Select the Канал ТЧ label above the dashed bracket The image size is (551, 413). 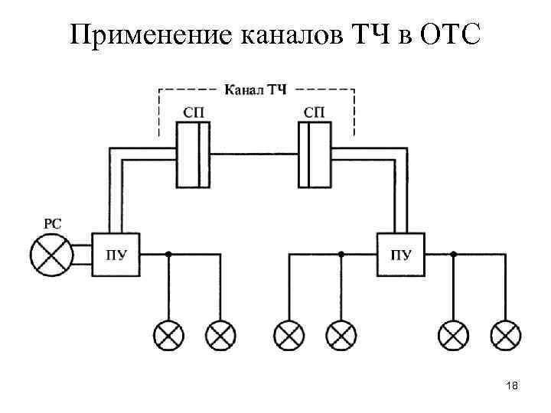[x=256, y=90]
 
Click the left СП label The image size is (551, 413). [x=193, y=112]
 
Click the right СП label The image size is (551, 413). [x=315, y=112]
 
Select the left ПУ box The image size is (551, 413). [x=116, y=255]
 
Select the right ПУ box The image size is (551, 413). [x=399, y=255]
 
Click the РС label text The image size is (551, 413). [x=53, y=224]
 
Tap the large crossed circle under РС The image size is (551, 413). [x=50, y=255]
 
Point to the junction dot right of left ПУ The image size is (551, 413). [x=170, y=253]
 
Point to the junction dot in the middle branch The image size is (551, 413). [x=341, y=253]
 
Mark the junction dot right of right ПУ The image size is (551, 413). [x=454, y=253]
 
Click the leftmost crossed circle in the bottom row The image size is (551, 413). [x=168, y=333]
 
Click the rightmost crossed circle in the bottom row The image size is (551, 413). [x=506, y=333]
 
